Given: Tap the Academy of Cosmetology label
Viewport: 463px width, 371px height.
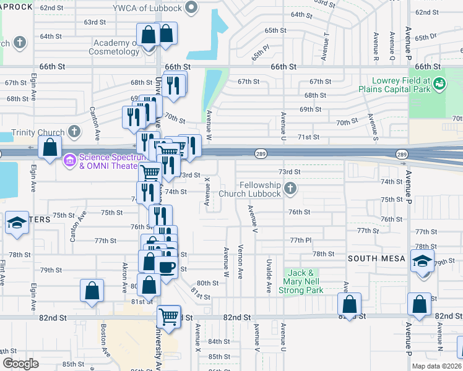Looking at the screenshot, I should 116,47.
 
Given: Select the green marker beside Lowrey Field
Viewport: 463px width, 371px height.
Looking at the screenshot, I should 440,82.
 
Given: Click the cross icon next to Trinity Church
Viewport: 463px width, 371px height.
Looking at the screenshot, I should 75,132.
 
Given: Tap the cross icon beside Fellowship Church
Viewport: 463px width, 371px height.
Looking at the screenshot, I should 290,187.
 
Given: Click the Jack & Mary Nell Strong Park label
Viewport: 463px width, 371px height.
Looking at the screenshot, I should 306,281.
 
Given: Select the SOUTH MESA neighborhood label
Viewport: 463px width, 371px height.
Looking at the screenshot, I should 375,258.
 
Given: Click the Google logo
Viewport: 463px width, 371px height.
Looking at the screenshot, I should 20,364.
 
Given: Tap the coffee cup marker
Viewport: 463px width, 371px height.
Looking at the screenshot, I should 167,267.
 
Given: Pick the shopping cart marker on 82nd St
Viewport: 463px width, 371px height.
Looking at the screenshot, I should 168,317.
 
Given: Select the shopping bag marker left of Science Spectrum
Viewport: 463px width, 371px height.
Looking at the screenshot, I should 50,148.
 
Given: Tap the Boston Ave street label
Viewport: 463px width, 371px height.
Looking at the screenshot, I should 103,337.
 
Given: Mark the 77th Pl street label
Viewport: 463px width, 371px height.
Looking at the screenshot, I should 299,240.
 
